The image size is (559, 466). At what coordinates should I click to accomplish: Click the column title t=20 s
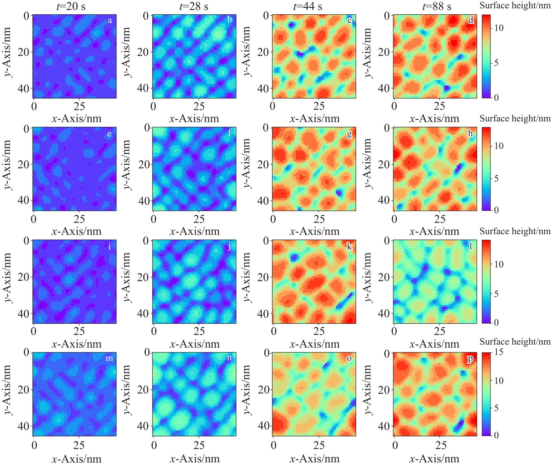point(71,6)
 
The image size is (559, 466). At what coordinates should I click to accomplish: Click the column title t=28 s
point(194,6)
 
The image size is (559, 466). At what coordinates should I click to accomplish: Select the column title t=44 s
point(308,6)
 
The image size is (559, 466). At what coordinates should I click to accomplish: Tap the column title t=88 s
point(437,6)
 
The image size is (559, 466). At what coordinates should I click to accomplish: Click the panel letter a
point(110,21)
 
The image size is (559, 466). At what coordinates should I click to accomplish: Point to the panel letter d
point(471,20)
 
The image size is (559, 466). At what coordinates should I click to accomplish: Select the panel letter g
point(349,134)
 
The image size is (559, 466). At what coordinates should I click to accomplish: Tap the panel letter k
point(349,246)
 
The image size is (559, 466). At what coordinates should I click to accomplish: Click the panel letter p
point(470,359)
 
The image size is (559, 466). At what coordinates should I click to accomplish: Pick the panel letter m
point(109,358)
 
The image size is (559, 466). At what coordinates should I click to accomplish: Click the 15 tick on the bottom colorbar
point(498,352)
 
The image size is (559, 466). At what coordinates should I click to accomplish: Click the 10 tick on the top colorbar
point(498,28)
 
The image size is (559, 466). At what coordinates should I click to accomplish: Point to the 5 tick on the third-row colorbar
point(496,294)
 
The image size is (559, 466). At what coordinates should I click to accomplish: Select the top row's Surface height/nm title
point(515,5)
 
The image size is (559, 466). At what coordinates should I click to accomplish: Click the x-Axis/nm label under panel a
point(76,119)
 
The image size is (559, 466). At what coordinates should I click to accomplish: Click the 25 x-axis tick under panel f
point(199,219)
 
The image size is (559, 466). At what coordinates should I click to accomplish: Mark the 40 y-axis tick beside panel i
point(23,313)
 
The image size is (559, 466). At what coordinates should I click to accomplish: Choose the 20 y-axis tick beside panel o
point(264,389)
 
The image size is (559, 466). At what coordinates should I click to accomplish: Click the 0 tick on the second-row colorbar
point(496,210)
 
